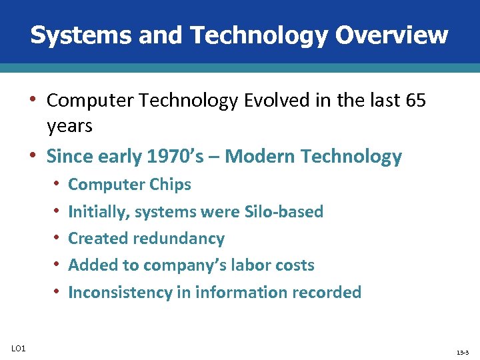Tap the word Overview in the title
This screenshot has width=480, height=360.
(x=391, y=35)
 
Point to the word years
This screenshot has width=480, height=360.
(x=69, y=125)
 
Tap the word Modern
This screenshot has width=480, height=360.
(x=261, y=157)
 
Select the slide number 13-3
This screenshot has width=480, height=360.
(x=462, y=351)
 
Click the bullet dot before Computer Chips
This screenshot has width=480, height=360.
(x=58, y=183)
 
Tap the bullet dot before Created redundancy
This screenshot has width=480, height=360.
(x=58, y=238)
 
